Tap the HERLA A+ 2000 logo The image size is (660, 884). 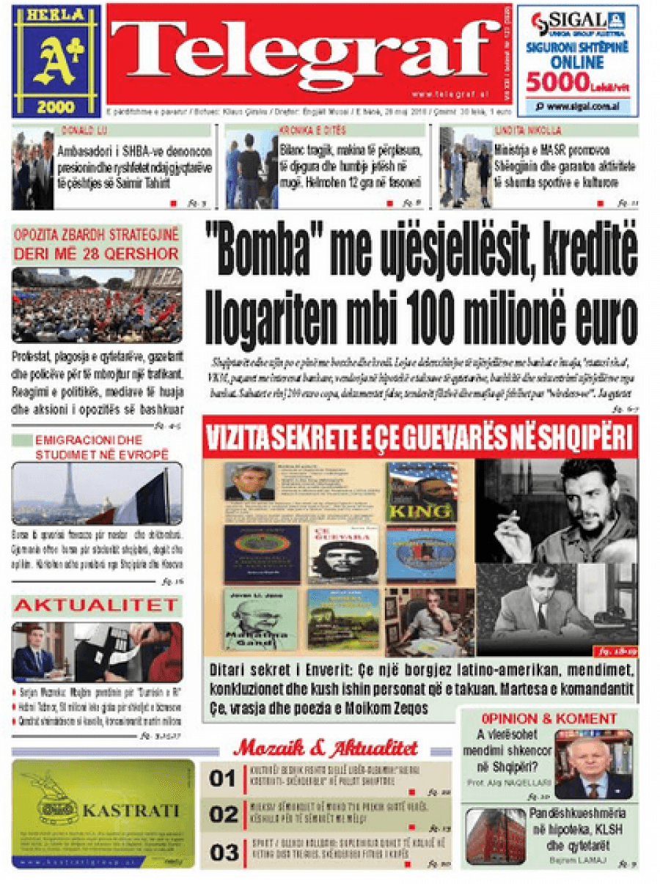coord(56,61)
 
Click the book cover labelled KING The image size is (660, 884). coord(422,492)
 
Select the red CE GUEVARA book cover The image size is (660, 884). coord(343,554)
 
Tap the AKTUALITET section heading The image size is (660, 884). coord(96,605)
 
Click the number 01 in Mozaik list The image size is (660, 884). coord(224,778)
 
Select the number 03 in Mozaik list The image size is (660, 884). coord(224,852)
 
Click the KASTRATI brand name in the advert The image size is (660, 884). coord(131,811)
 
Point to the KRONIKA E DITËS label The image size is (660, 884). coord(301,130)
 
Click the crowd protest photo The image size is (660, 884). coord(96,306)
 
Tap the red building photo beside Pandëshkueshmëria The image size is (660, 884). coord(495,836)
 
